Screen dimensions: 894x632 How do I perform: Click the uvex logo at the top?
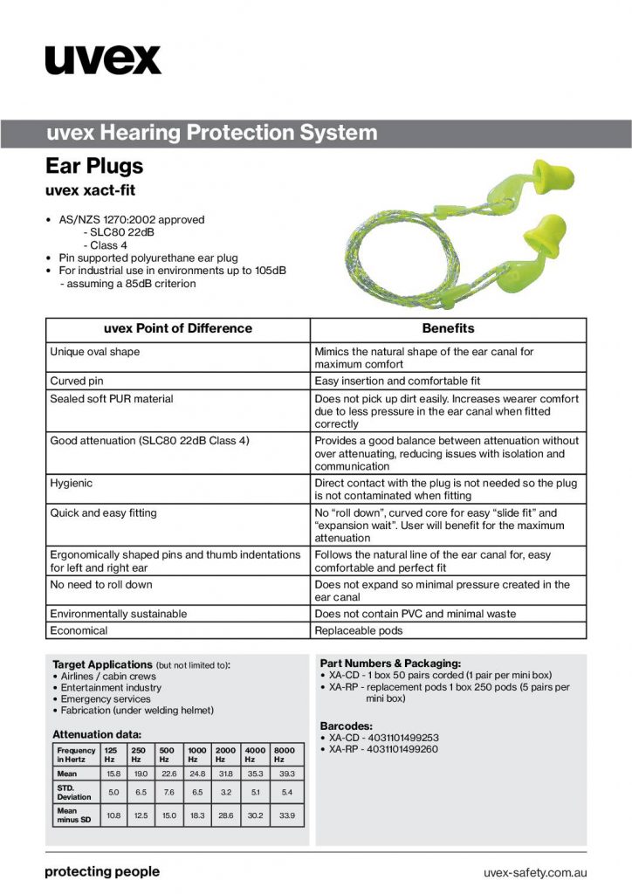coord(103,59)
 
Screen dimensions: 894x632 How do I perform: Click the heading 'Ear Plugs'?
coord(94,165)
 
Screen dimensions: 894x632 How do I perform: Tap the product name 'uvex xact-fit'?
coord(90,189)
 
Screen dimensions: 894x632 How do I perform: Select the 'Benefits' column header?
coord(448,329)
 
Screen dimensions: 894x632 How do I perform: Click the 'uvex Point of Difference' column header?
coord(177,329)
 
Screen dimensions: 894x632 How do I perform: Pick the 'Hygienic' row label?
coord(72,483)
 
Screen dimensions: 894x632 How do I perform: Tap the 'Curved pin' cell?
coord(77,382)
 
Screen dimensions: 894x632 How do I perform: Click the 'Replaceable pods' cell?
coord(358,630)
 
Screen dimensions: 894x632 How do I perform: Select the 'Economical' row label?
coord(79,630)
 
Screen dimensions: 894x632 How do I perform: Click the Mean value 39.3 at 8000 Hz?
coord(286,774)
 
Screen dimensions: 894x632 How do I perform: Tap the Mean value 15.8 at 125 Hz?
coord(113,774)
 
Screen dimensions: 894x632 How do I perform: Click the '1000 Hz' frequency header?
coord(197,754)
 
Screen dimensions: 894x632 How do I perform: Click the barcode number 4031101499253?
coord(384,738)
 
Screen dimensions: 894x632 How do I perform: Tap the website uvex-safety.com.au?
coord(534,872)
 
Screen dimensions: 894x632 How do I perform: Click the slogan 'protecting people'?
coord(102,871)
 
